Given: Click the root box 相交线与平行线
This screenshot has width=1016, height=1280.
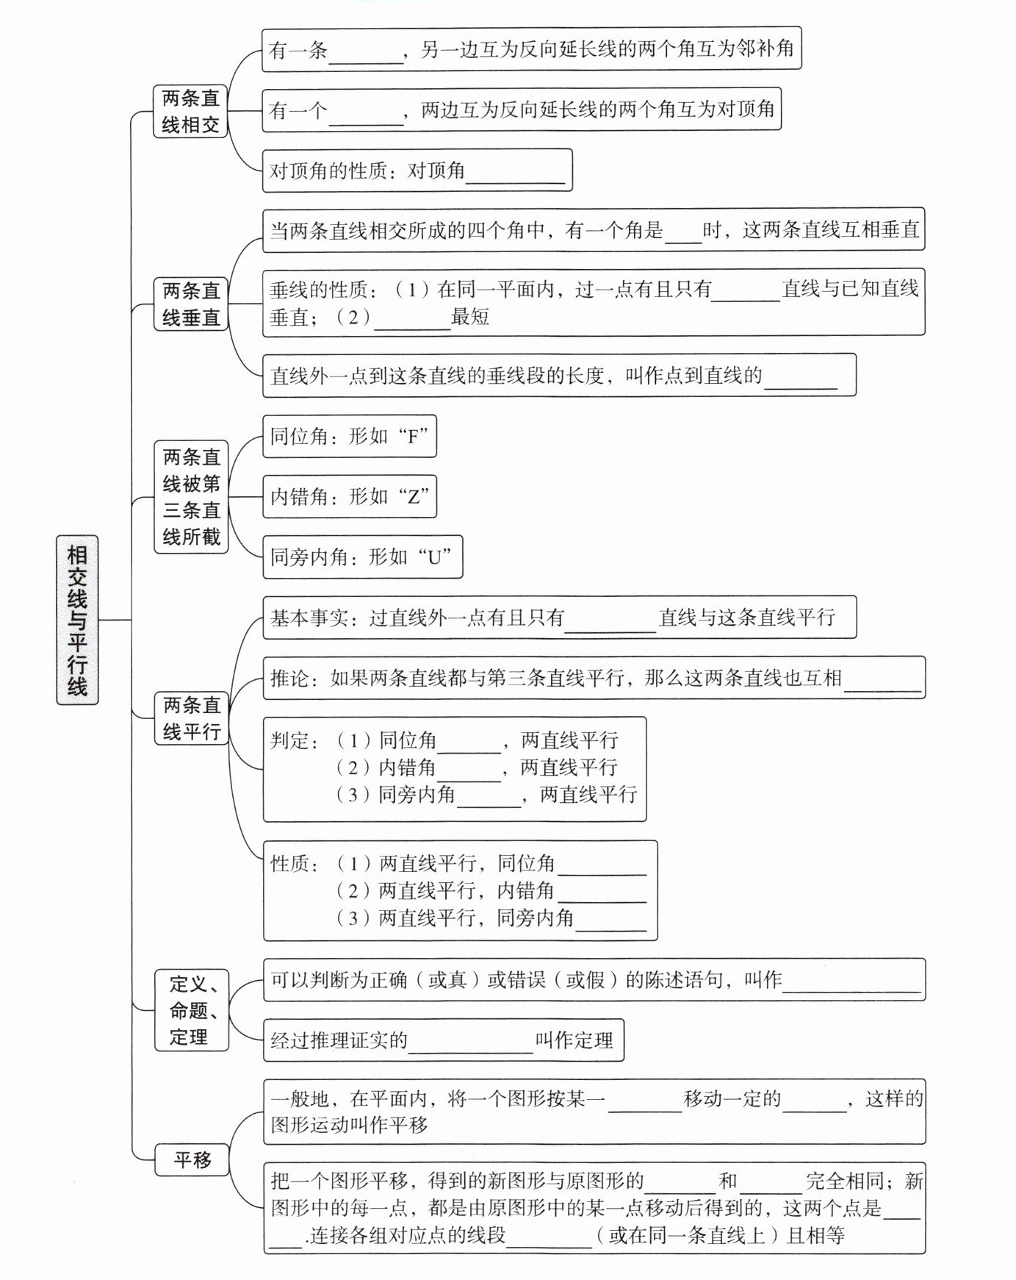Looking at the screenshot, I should pos(77,620).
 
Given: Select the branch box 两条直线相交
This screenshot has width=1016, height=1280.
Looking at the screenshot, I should pos(190,111).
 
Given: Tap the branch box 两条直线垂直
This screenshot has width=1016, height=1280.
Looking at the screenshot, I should pos(191,304).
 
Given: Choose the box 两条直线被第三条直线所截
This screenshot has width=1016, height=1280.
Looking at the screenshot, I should pos(191,497).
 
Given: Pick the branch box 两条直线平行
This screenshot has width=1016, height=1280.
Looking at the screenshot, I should pos(191,718).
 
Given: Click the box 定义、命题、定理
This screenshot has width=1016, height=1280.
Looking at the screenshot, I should pos(191,1009).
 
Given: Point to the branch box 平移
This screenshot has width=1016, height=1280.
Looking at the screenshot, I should pos(192,1160).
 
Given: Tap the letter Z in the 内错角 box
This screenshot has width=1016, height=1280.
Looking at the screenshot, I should pos(413,496).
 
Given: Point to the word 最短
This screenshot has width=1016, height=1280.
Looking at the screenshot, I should pos(470,317).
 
